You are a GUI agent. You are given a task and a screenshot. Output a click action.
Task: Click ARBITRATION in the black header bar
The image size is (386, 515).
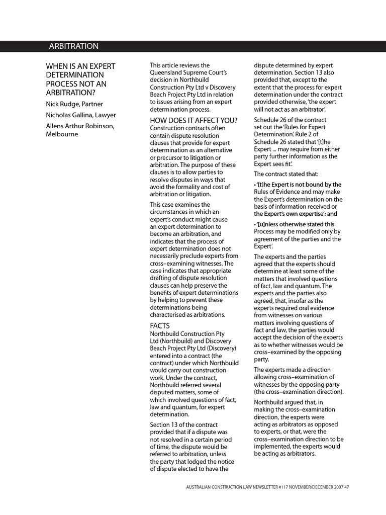pos(73,46)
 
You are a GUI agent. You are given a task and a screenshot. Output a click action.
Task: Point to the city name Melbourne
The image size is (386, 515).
pos(62,134)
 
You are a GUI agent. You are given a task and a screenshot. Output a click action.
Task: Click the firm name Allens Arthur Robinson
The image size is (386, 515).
pos(80,126)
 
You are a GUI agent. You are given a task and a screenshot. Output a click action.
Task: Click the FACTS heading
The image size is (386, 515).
pos(160,325)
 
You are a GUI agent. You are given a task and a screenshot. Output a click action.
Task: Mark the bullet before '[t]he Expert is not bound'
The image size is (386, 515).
pos(255,185)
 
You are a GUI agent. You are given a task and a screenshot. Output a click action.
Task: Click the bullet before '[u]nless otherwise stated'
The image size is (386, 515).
pos(255,224)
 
